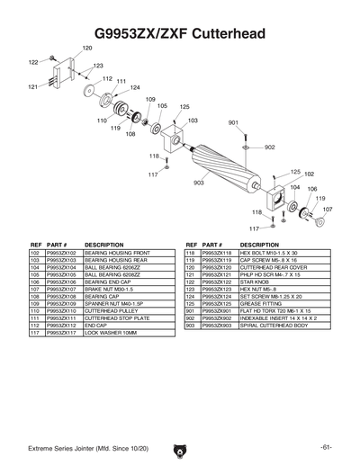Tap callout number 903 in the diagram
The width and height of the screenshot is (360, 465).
pyautogui.click(x=199, y=183)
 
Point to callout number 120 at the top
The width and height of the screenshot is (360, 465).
pyautogui.click(x=87, y=47)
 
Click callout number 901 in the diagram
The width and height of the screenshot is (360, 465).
pyautogui.click(x=233, y=122)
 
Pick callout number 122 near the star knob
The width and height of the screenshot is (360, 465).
pyautogui.click(x=32, y=62)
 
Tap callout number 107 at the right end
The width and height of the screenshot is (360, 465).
pyautogui.click(x=328, y=209)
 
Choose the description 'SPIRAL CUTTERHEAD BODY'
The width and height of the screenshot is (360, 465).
pyautogui.click(x=274, y=325)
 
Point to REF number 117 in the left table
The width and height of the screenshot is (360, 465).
pyautogui.click(x=36, y=333)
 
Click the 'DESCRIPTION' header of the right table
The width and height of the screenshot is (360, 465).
pyautogui.click(x=260, y=245)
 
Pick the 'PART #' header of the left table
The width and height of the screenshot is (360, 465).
pyautogui.click(x=57, y=245)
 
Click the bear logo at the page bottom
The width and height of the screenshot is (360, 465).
pyautogui.click(x=180, y=448)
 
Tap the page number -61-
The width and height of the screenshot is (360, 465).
pyautogui.click(x=325, y=447)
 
